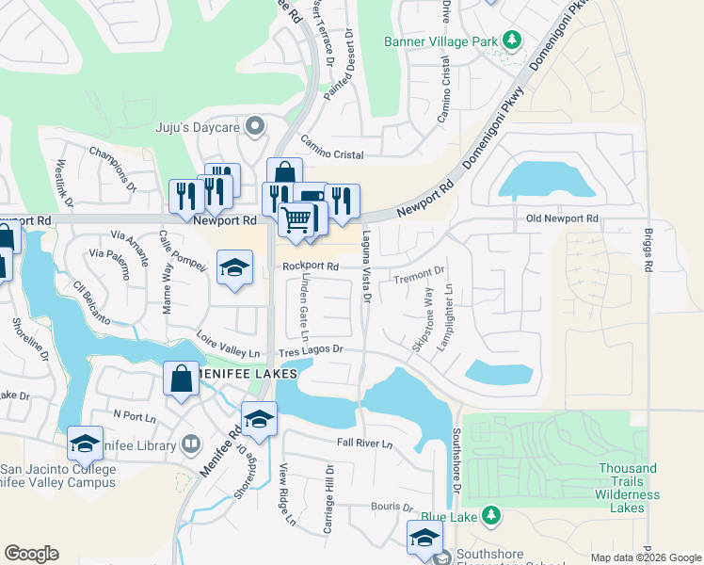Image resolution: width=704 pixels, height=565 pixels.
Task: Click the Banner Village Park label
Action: pyautogui.click(x=440, y=41)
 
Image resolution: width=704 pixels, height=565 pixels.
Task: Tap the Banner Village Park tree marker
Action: pyautogui.click(x=512, y=40)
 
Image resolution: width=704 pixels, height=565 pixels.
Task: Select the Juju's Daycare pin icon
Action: pyautogui.click(x=253, y=126)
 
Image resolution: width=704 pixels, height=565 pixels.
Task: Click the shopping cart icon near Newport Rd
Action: pyautogui.click(x=296, y=220)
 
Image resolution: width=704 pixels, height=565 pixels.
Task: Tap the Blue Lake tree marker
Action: pyautogui.click(x=488, y=515)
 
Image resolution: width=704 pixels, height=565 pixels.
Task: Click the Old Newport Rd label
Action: pyautogui.click(x=562, y=218)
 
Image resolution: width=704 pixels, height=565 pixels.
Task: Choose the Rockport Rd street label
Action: pyautogui.click(x=310, y=266)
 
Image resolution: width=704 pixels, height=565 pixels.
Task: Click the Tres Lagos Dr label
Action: pyautogui.click(x=312, y=350)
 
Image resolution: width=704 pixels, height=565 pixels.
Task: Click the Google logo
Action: pyautogui.click(x=31, y=554)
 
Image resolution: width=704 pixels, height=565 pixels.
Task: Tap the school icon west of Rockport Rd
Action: pyautogui.click(x=234, y=268)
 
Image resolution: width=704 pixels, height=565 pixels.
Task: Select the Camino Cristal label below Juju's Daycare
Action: pyautogui.click(x=331, y=147)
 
